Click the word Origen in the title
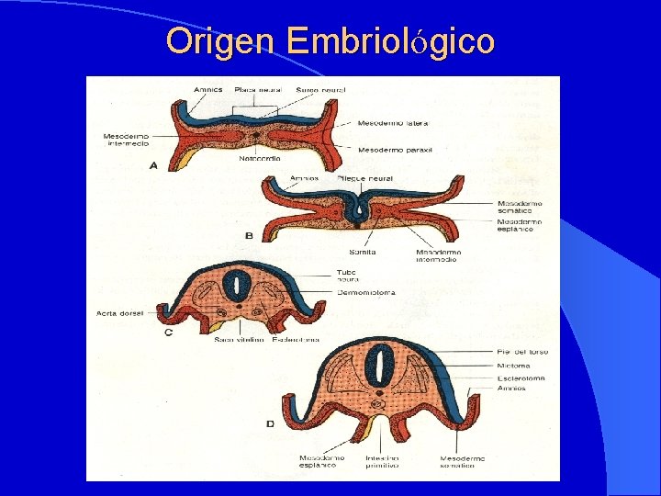pyautogui.click(x=220, y=40)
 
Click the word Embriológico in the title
pyautogui.click(x=390, y=42)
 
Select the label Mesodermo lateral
pyautogui.click(x=392, y=123)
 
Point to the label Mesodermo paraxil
pyautogui.click(x=395, y=149)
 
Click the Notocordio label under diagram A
pyautogui.click(x=259, y=160)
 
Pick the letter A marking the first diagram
pyautogui.click(x=153, y=165)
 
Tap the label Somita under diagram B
pyautogui.click(x=362, y=251)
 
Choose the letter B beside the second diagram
pyautogui.click(x=249, y=236)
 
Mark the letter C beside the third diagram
pyautogui.click(x=169, y=333)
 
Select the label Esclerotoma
pyautogui.click(x=521, y=378)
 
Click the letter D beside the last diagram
pyautogui.click(x=270, y=423)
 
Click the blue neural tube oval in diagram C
pyautogui.click(x=237, y=286)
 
